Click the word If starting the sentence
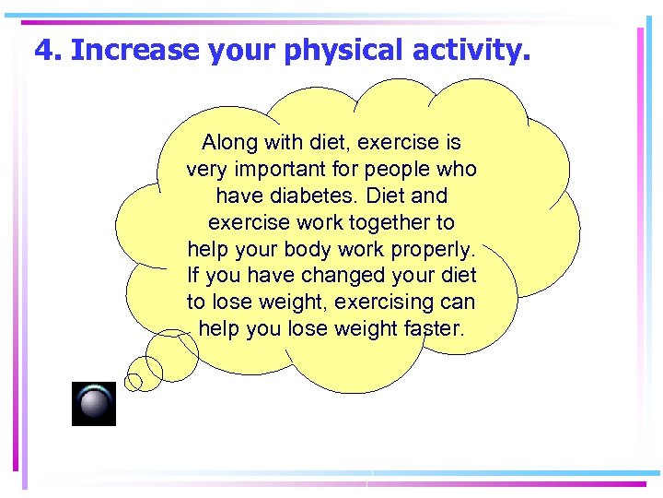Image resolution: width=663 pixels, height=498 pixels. (193, 276)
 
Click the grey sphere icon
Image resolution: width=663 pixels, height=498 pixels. (94, 404)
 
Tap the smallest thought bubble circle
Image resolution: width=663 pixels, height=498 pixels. (134, 381)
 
